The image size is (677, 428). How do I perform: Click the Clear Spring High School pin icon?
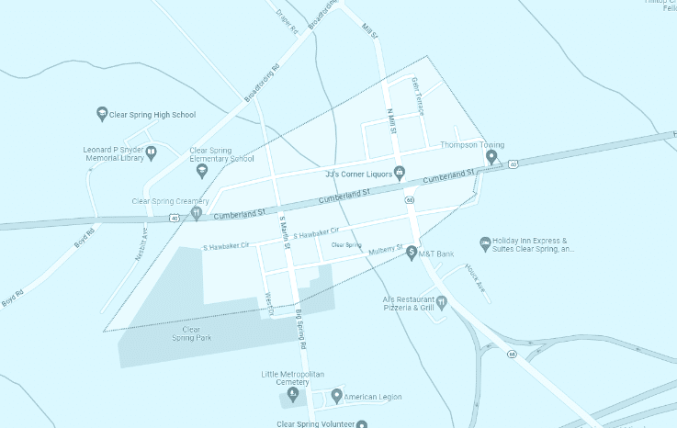tap(102, 115)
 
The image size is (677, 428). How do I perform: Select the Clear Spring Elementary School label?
tap(221, 153)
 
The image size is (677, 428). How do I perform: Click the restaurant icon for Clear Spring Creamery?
tap(196, 213)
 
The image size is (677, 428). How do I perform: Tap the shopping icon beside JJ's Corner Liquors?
tap(400, 173)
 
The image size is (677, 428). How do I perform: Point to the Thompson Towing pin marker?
tap(491, 157)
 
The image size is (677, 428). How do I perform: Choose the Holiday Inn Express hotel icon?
tap(485, 243)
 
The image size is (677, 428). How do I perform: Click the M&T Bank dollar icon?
tap(412, 252)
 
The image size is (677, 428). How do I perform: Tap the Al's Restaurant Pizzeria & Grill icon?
tap(441, 301)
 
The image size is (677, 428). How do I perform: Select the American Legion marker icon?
tap(336, 396)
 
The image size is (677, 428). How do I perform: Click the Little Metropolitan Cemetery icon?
tap(293, 395)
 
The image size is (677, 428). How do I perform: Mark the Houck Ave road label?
tap(474, 277)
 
